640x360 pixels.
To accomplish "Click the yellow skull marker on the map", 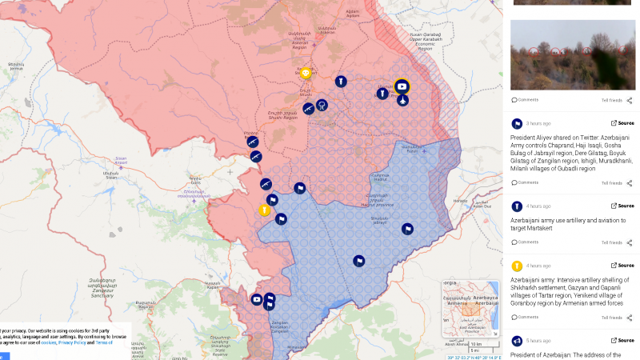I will point(306,74).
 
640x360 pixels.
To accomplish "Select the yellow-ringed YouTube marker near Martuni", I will point(402,86).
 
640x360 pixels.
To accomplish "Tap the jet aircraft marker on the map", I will point(402,100).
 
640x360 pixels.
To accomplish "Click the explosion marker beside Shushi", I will point(321,105).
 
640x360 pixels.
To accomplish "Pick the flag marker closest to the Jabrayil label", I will point(407,229).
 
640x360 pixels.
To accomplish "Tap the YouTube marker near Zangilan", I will point(257,299).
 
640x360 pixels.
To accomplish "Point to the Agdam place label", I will point(351,11).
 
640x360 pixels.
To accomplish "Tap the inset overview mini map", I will point(471,308).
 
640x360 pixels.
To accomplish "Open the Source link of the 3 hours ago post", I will point(622,123).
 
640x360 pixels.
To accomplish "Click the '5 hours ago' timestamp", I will point(538,341).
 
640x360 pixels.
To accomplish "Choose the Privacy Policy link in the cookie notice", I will point(71,342).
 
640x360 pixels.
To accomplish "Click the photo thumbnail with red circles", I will point(572,54).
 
